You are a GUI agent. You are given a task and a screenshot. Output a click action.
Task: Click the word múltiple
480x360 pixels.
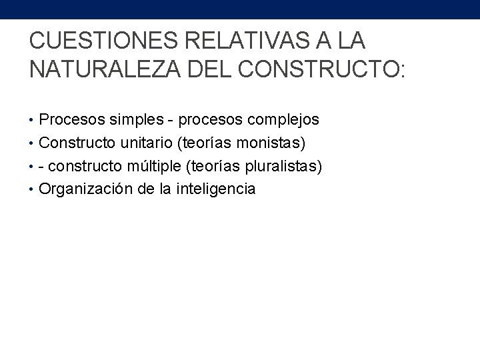(144, 166)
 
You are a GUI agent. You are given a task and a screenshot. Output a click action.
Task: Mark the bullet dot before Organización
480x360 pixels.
(33, 189)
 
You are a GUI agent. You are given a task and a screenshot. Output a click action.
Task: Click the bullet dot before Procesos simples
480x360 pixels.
(33, 121)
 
